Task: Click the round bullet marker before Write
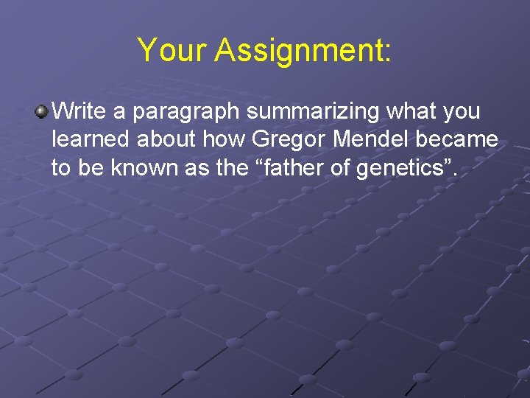pos(41,112)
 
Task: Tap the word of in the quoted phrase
pos(340,168)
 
